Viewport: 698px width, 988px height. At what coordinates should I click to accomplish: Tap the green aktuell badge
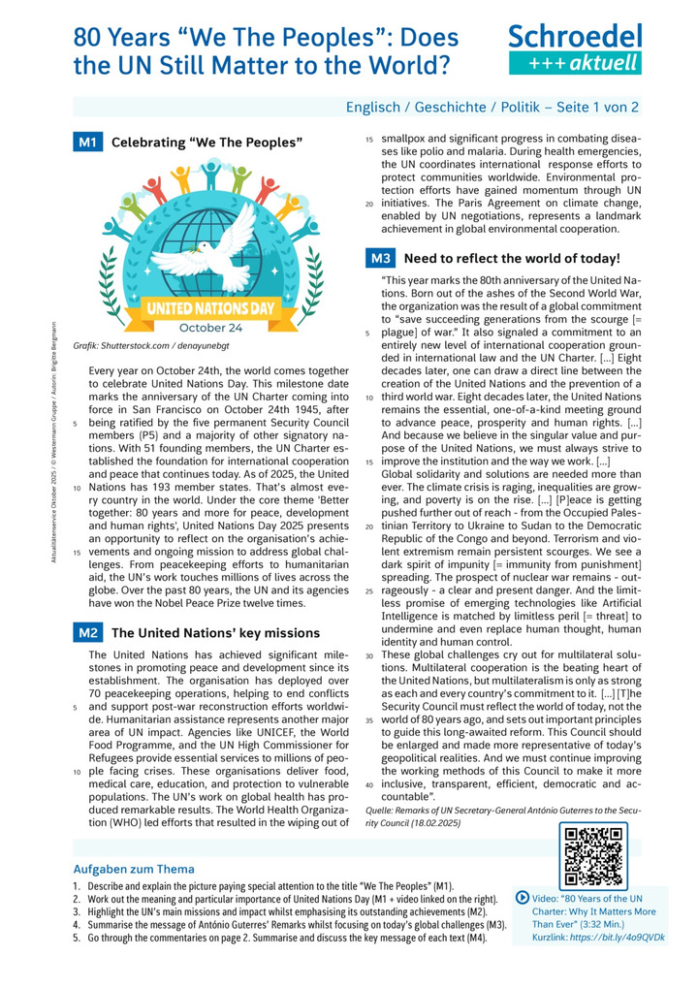pos(576,64)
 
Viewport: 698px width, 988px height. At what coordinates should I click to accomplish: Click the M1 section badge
pos(88,143)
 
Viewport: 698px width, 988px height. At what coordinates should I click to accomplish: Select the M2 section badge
pos(88,632)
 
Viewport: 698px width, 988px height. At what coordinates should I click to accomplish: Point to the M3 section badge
pos(380,259)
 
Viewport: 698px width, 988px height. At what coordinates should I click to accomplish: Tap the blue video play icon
pos(523,898)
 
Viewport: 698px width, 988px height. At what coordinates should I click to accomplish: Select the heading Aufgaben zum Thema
pos(134,869)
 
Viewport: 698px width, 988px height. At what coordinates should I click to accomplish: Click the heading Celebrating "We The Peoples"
pos(207,143)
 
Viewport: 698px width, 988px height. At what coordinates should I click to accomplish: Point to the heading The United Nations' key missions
pos(216,632)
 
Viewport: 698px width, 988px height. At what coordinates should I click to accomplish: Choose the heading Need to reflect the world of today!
pos(511,259)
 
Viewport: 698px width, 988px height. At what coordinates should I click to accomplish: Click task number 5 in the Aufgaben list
pos(77,940)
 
